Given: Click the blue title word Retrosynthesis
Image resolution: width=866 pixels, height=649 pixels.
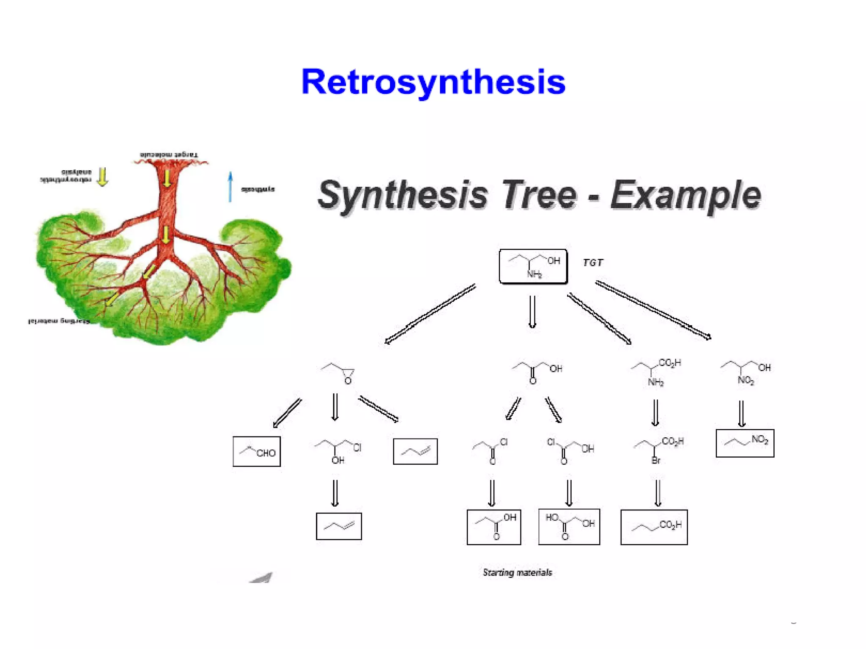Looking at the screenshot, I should pos(433,82).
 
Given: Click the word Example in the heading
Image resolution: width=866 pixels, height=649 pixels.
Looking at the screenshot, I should pos(685,195).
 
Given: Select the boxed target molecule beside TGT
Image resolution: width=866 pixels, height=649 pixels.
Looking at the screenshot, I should pos(533,266).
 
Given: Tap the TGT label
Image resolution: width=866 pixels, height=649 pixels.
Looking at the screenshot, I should pos(593,263).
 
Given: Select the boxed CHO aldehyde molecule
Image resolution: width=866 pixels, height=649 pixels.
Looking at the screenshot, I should pos(257,451).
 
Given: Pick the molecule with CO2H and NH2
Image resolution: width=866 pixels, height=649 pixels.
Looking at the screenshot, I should pos(656,372).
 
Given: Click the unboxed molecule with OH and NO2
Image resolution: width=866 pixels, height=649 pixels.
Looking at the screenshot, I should pos(745,372).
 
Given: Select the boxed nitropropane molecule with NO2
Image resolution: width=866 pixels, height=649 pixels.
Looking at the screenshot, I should pos(745,443).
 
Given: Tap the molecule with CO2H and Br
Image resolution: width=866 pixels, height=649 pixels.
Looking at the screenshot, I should pos(658,449).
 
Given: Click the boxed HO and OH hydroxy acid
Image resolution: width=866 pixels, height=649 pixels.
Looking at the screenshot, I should pos(569,526).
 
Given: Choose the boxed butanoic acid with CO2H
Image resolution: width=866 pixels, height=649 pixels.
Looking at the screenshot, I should pos(654,527).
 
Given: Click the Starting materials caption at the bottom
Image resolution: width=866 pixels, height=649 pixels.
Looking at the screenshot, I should pos(517,573).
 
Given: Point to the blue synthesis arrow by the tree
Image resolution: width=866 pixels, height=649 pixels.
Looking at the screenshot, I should pos(230,186).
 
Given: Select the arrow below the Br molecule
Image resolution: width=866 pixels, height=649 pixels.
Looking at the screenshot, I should pos(658,493).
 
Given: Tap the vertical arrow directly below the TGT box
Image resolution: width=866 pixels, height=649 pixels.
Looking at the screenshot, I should pos(532,311).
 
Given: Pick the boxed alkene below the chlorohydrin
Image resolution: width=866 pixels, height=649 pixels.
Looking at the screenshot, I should pos(339,526).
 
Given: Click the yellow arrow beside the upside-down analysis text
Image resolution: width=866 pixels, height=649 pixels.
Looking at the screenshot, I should pos(102,177).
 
